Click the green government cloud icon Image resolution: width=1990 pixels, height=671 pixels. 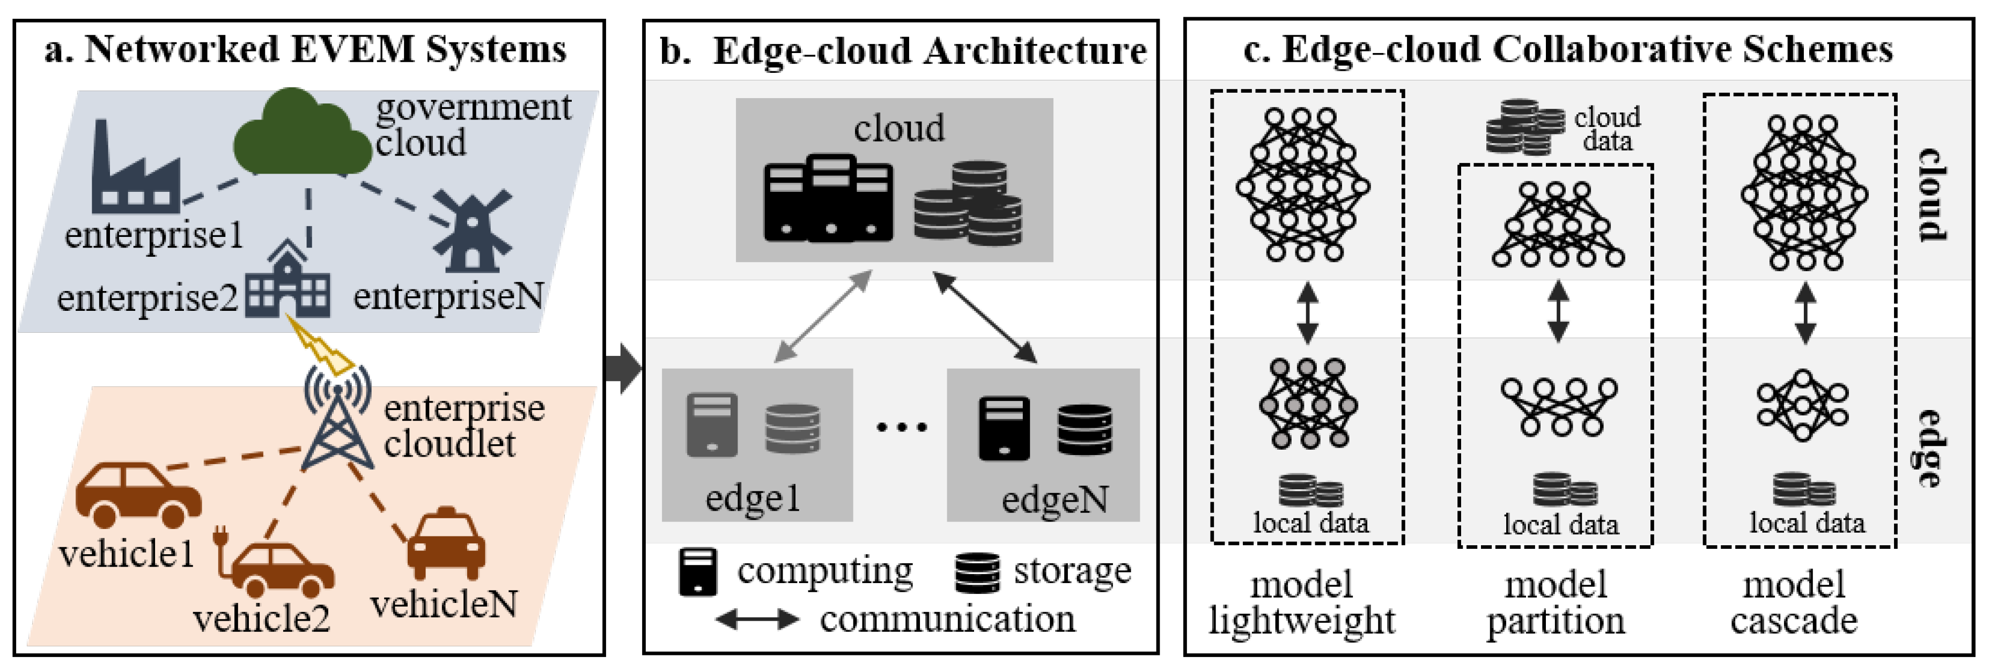tap(301, 135)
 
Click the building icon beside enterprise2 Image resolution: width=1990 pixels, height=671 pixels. tap(288, 282)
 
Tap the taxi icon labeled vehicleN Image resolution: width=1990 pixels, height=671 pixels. tap(446, 545)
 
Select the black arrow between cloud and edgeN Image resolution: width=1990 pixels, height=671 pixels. tap(985, 317)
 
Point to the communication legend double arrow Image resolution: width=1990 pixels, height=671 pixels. tap(756, 619)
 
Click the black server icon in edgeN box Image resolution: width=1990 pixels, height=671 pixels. tap(1004, 429)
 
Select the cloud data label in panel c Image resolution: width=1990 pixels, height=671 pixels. tap(1607, 129)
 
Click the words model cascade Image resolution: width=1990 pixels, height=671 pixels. tap(1793, 602)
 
